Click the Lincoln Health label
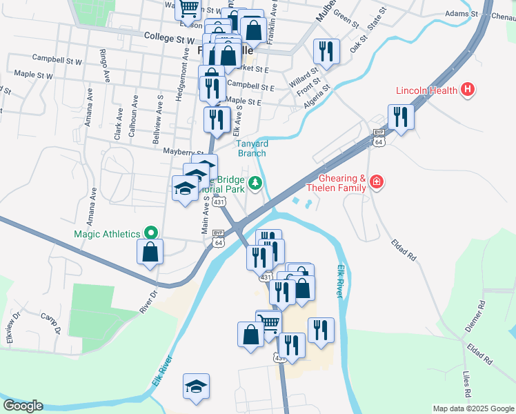(427, 90)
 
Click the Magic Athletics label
(106, 234)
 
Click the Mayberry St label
(183, 151)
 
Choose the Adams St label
(462, 13)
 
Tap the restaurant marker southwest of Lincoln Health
(400, 117)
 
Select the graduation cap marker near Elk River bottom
(197, 387)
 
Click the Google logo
(23, 406)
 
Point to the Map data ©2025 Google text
(473, 408)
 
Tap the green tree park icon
(256, 182)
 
